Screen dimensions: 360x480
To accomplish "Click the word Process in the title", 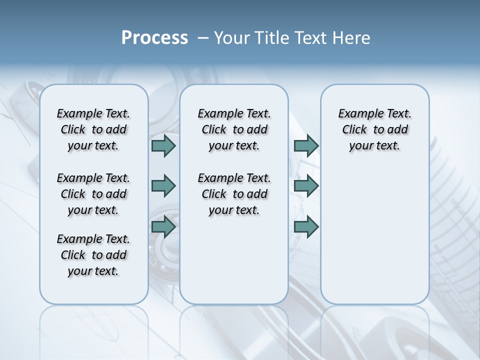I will tap(154, 38).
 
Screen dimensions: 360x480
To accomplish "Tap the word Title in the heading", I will tap(270, 38).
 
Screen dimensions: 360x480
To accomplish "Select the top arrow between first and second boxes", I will tap(163, 145).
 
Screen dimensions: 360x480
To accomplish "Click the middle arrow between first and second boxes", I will tap(163, 186).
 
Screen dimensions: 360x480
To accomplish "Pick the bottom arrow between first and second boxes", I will tap(163, 227).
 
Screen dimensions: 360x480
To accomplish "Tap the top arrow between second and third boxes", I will tap(306, 145).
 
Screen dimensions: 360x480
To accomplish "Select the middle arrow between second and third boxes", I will tap(306, 186).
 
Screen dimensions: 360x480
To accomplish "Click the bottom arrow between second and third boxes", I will tap(306, 227).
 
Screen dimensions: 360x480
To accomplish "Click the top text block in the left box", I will tap(93, 129).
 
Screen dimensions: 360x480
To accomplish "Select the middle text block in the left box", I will tap(93, 194).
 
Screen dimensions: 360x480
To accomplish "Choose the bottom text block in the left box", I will tap(93, 255).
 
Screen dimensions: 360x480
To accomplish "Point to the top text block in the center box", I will tap(234, 129).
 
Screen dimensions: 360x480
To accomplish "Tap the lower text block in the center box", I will tap(234, 194).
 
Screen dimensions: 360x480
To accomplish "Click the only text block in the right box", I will tap(374, 129).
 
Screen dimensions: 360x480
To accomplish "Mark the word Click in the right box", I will tap(354, 130).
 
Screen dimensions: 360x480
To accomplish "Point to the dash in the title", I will tap(203, 38).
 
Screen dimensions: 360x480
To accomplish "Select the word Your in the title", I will tap(230, 38).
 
